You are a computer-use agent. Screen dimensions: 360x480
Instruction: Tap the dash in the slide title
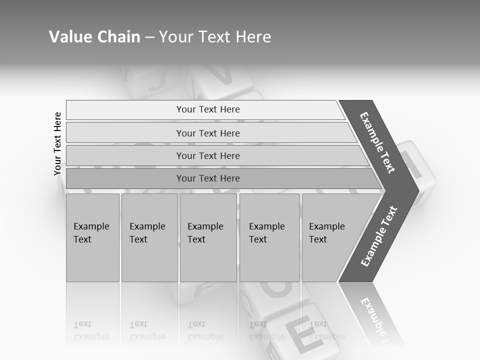[x=149, y=37]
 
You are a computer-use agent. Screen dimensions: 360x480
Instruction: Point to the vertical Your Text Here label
[x=57, y=143]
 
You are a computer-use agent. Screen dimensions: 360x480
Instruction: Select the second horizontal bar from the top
[x=208, y=133]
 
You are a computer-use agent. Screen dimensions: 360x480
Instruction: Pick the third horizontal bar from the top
[x=208, y=155]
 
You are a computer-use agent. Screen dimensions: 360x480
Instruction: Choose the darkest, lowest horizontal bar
[x=208, y=178]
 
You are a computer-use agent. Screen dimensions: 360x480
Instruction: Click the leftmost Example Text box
[x=92, y=237]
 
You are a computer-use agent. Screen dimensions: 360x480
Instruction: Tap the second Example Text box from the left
[x=149, y=237]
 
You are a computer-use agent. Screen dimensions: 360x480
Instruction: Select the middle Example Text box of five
[x=208, y=237]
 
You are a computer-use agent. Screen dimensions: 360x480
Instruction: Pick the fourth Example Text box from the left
[x=269, y=237]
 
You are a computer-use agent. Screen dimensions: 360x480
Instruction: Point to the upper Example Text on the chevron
[x=377, y=142]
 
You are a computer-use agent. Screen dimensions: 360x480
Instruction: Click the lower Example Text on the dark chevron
[x=379, y=236]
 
